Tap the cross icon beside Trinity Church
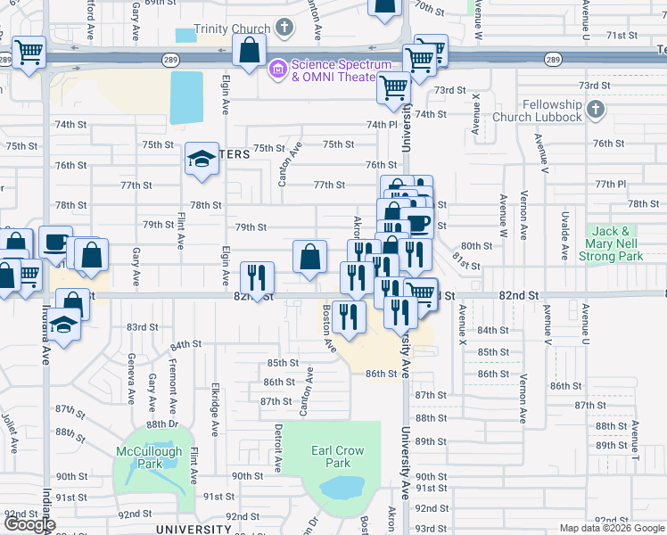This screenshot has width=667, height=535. coord(284,28)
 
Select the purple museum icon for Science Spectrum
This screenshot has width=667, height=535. coord(277,67)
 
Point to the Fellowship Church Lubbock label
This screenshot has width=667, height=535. coord(552,111)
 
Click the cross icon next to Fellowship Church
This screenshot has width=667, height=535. coord(597,111)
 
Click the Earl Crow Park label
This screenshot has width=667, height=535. coord(338,457)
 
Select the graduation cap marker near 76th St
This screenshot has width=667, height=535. coord(202,159)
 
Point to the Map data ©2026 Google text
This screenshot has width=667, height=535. coord(612,528)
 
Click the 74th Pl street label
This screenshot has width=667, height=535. coord(380,124)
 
